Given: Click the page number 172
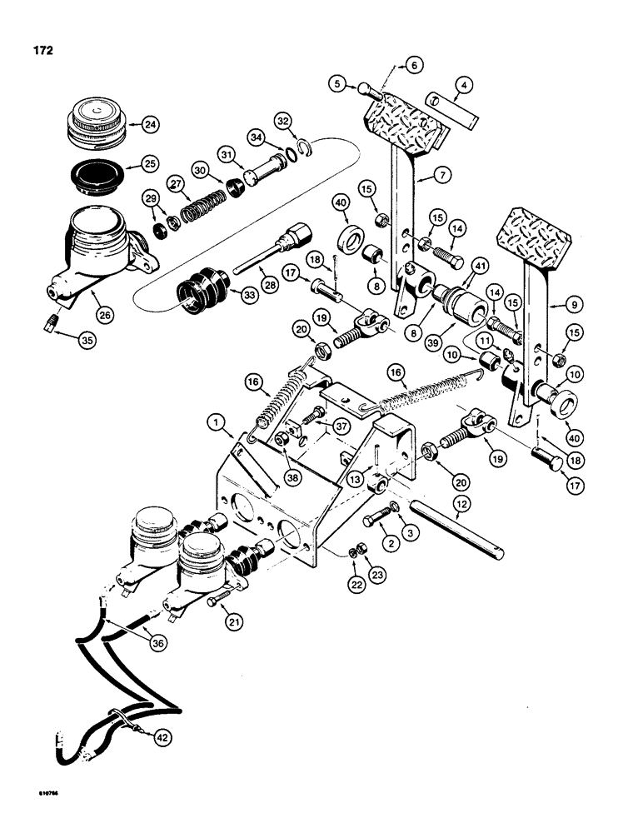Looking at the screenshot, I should point(42,50).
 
